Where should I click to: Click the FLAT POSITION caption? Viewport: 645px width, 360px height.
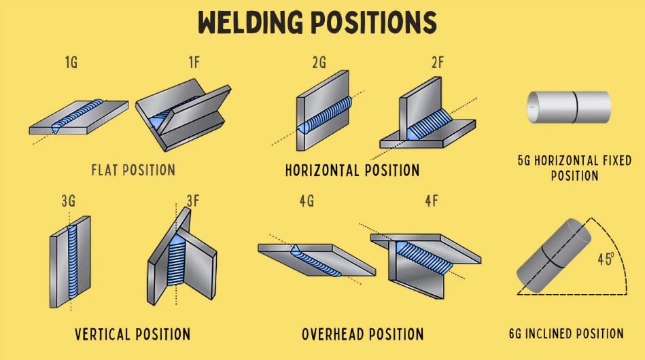tap(133, 170)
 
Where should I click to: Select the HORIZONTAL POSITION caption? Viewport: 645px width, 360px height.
tap(352, 170)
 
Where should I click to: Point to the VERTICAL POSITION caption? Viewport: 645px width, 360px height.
tap(133, 334)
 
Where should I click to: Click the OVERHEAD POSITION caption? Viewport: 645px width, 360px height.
tap(363, 334)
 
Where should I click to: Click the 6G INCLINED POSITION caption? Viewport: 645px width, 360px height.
tap(566, 334)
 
